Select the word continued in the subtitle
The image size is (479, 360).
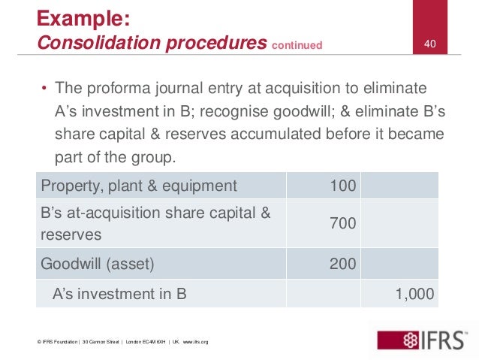pos(297,46)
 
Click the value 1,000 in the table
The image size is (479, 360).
pos(414,294)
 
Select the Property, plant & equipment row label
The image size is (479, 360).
pos(138,186)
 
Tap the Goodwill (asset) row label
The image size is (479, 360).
pos(99,263)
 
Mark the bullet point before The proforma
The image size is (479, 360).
pos(44,89)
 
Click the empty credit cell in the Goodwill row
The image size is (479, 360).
pos(399,263)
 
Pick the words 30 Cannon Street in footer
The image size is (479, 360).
pos(104,342)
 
